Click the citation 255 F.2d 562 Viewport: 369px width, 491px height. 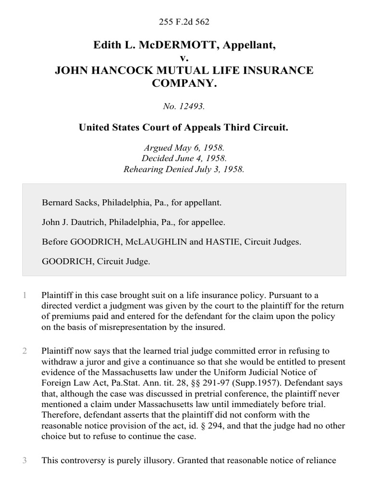pyautogui.click(x=184, y=22)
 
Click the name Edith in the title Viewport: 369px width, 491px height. pyautogui.click(x=107, y=46)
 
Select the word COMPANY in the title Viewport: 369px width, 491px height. pyautogui.click(x=184, y=83)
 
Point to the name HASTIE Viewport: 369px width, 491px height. pyautogui.click(x=224, y=242)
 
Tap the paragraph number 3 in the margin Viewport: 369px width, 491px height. pyautogui.click(x=24, y=461)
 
